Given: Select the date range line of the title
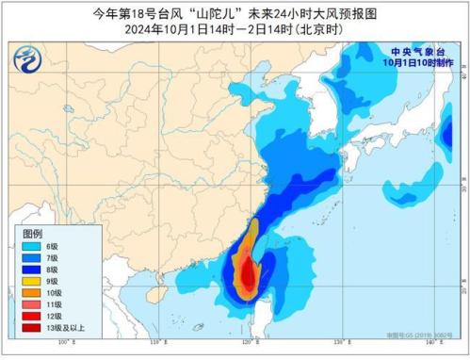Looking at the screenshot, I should [235, 27].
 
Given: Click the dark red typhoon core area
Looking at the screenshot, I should [247, 275].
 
